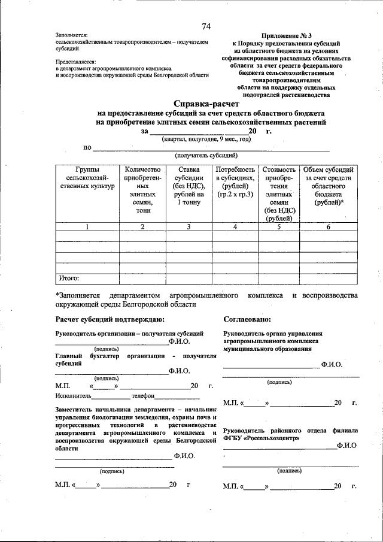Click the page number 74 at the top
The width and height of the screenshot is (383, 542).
[x=206, y=26]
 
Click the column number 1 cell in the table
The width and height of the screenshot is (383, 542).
[x=87, y=227]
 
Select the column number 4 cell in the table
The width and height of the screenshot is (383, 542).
[x=235, y=227]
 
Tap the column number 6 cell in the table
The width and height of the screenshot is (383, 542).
[x=329, y=227]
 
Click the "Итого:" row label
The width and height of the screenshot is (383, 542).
[x=69, y=278]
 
